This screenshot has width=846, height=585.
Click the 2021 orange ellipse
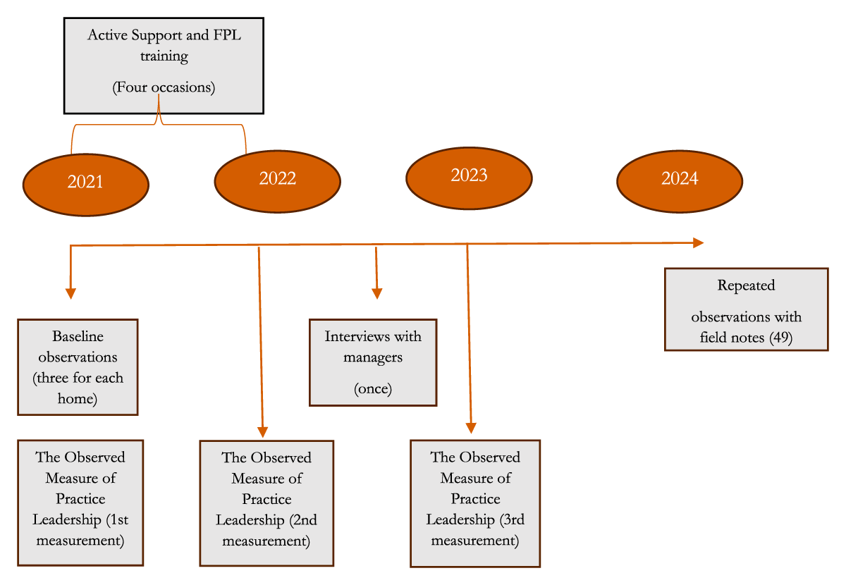point(86,185)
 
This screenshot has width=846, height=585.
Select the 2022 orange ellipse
point(278,181)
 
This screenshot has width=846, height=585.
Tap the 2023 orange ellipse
point(469,178)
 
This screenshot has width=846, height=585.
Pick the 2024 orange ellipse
point(680,181)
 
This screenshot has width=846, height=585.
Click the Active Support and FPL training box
point(164,66)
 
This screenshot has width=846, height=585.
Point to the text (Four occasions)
point(164,87)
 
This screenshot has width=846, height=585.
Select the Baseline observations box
point(78,367)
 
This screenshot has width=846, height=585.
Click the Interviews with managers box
point(373,362)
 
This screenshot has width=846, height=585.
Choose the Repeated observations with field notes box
point(747,309)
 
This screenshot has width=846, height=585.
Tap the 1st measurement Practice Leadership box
point(80,503)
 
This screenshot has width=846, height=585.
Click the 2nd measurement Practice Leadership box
point(266,503)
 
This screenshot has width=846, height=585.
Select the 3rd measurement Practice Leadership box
point(475,503)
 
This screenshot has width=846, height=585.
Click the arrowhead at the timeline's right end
point(699,243)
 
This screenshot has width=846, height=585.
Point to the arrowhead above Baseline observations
point(70,293)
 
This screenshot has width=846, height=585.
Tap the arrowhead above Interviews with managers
point(377,293)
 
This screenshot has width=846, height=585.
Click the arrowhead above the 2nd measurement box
point(262,432)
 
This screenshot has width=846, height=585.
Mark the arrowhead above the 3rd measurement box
point(471,428)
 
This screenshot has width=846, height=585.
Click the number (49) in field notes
point(781,337)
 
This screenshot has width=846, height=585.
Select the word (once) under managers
point(373,388)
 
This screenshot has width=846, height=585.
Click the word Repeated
point(747,286)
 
